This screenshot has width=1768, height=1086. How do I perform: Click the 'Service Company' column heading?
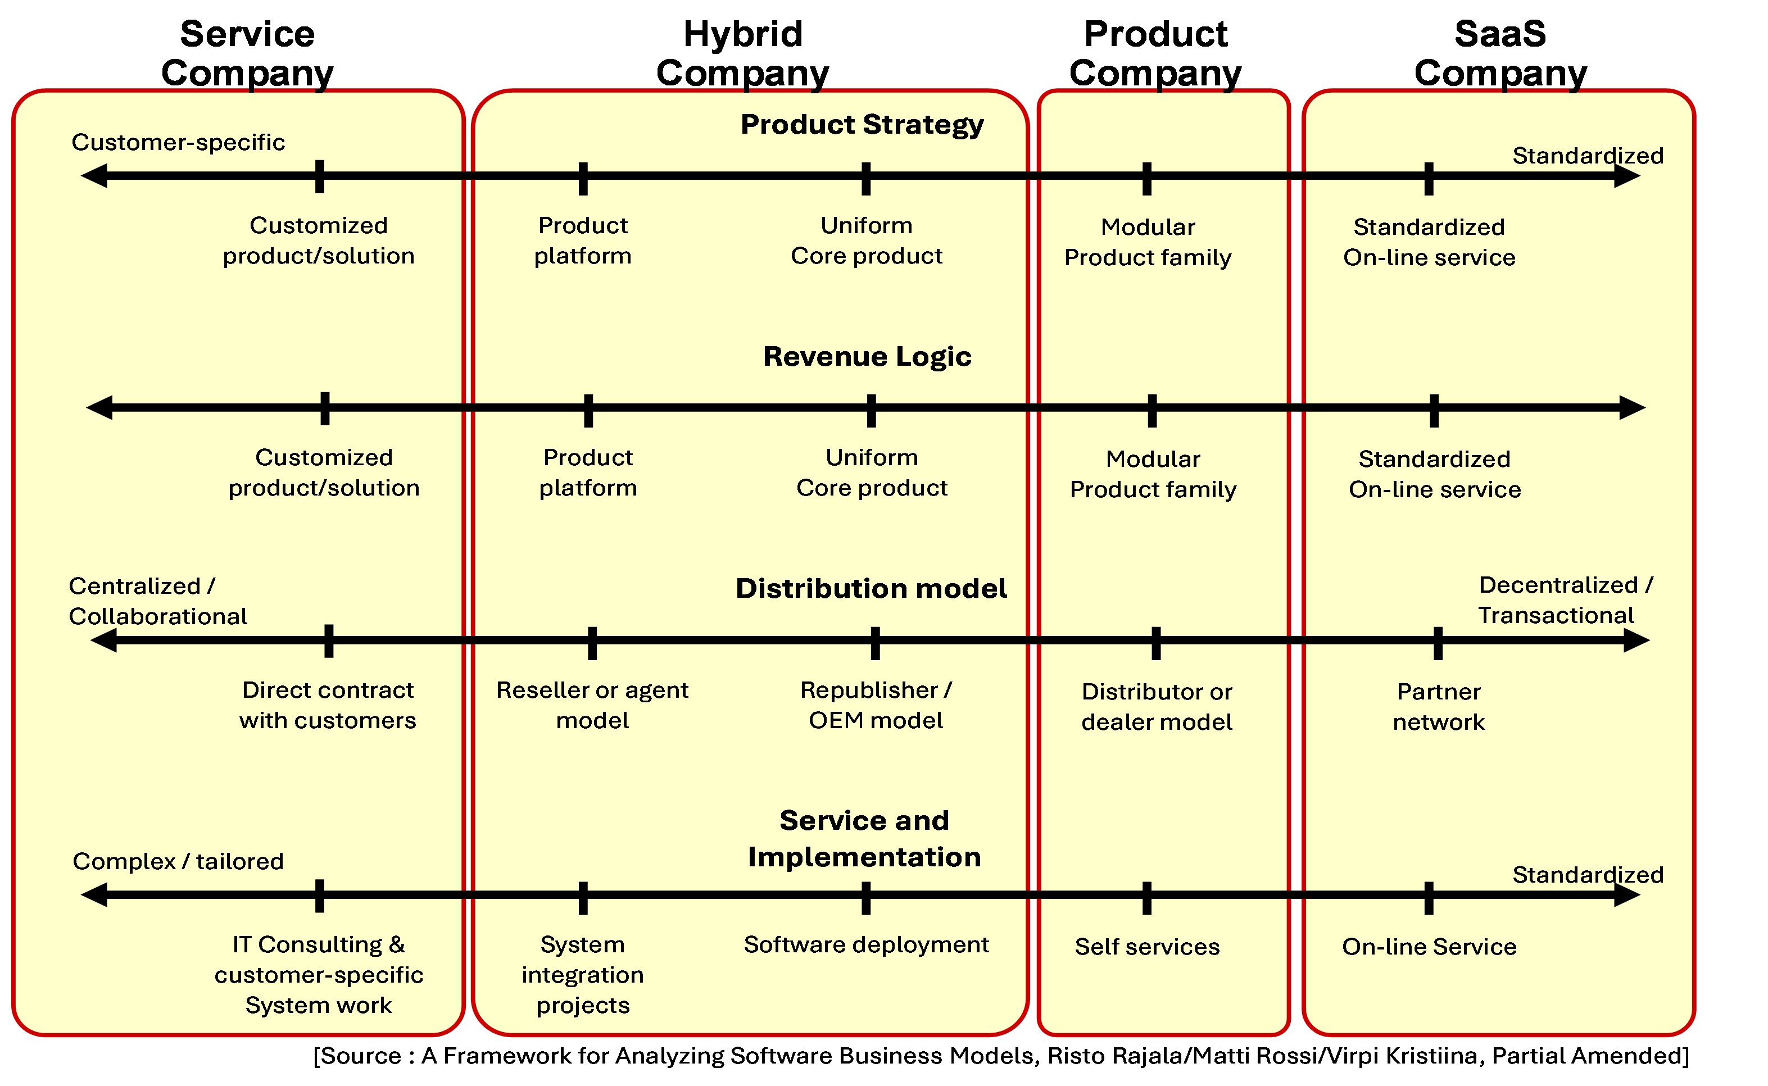(x=247, y=54)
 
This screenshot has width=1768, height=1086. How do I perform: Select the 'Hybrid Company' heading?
(x=743, y=54)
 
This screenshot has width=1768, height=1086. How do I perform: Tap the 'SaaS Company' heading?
(x=1500, y=54)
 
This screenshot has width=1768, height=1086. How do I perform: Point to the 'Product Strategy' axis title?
(x=862, y=124)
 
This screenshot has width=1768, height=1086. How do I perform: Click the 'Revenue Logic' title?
(x=867, y=356)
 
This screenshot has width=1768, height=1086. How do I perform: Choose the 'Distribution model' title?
(x=871, y=588)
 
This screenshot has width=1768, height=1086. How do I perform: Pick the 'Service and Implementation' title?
(x=864, y=838)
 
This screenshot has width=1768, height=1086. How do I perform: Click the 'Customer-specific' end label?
(x=178, y=142)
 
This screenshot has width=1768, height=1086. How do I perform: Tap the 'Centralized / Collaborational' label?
(x=157, y=601)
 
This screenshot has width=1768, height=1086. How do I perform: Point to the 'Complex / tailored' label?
(x=178, y=861)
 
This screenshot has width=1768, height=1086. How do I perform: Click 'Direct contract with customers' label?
(x=328, y=705)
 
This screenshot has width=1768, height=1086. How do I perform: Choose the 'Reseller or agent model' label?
(x=592, y=705)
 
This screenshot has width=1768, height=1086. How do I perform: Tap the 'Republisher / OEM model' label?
(x=876, y=705)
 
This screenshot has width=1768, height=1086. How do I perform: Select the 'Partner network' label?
(x=1438, y=707)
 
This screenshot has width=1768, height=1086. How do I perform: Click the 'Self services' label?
(x=1148, y=947)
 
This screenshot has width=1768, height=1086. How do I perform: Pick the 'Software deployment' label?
(x=867, y=944)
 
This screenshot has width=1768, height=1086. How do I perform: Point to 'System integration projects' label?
(x=583, y=975)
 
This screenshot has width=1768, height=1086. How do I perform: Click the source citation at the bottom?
(x=1001, y=1056)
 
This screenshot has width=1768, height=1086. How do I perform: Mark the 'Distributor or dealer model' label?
(x=1157, y=707)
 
